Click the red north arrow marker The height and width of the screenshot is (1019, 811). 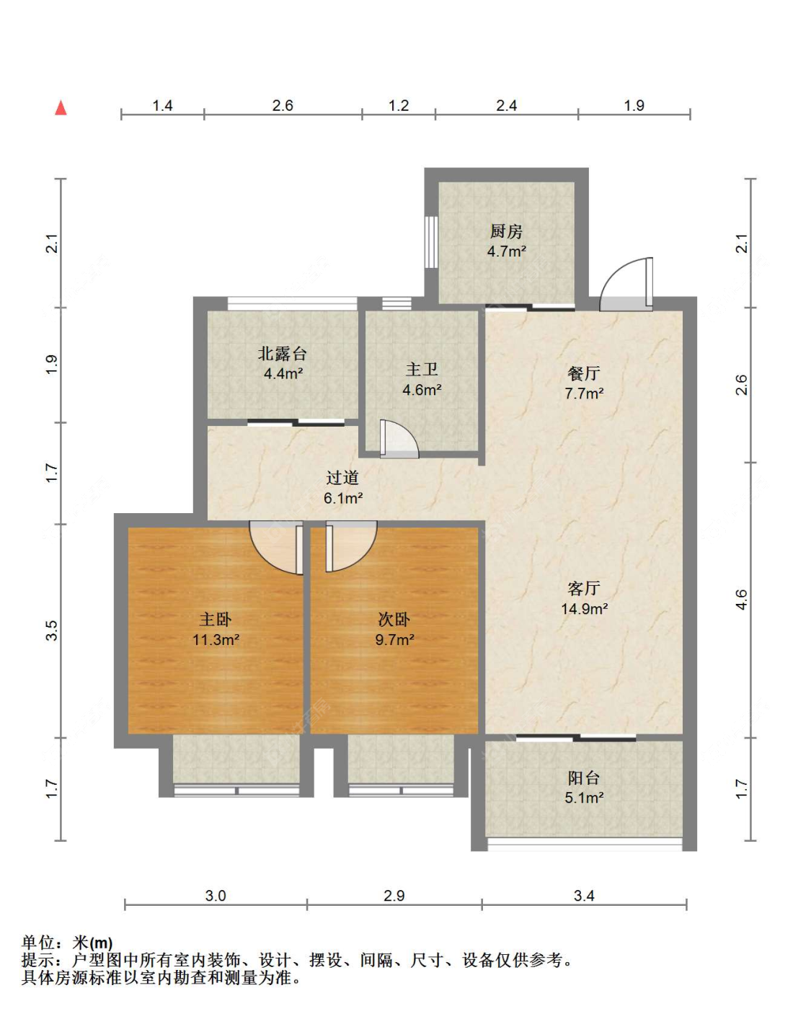61,108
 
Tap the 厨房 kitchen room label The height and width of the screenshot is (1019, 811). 506,231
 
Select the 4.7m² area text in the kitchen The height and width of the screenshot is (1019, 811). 506,251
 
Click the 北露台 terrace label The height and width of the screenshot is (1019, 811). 282,353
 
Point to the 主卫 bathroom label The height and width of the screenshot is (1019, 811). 422,370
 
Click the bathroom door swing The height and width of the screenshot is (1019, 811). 399,439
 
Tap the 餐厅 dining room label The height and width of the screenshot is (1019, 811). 584,373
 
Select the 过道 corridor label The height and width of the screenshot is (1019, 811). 342,478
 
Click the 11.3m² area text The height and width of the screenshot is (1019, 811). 216,640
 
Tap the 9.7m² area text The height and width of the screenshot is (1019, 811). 394,640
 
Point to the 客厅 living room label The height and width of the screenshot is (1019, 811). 584,589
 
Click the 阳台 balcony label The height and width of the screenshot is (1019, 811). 584,778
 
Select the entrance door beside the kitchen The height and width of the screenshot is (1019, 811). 626,284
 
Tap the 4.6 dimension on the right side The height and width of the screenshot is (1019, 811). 742,600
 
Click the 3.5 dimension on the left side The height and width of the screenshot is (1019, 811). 52,631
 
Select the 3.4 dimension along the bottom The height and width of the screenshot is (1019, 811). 584,896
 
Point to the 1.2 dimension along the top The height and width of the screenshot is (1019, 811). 399,105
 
